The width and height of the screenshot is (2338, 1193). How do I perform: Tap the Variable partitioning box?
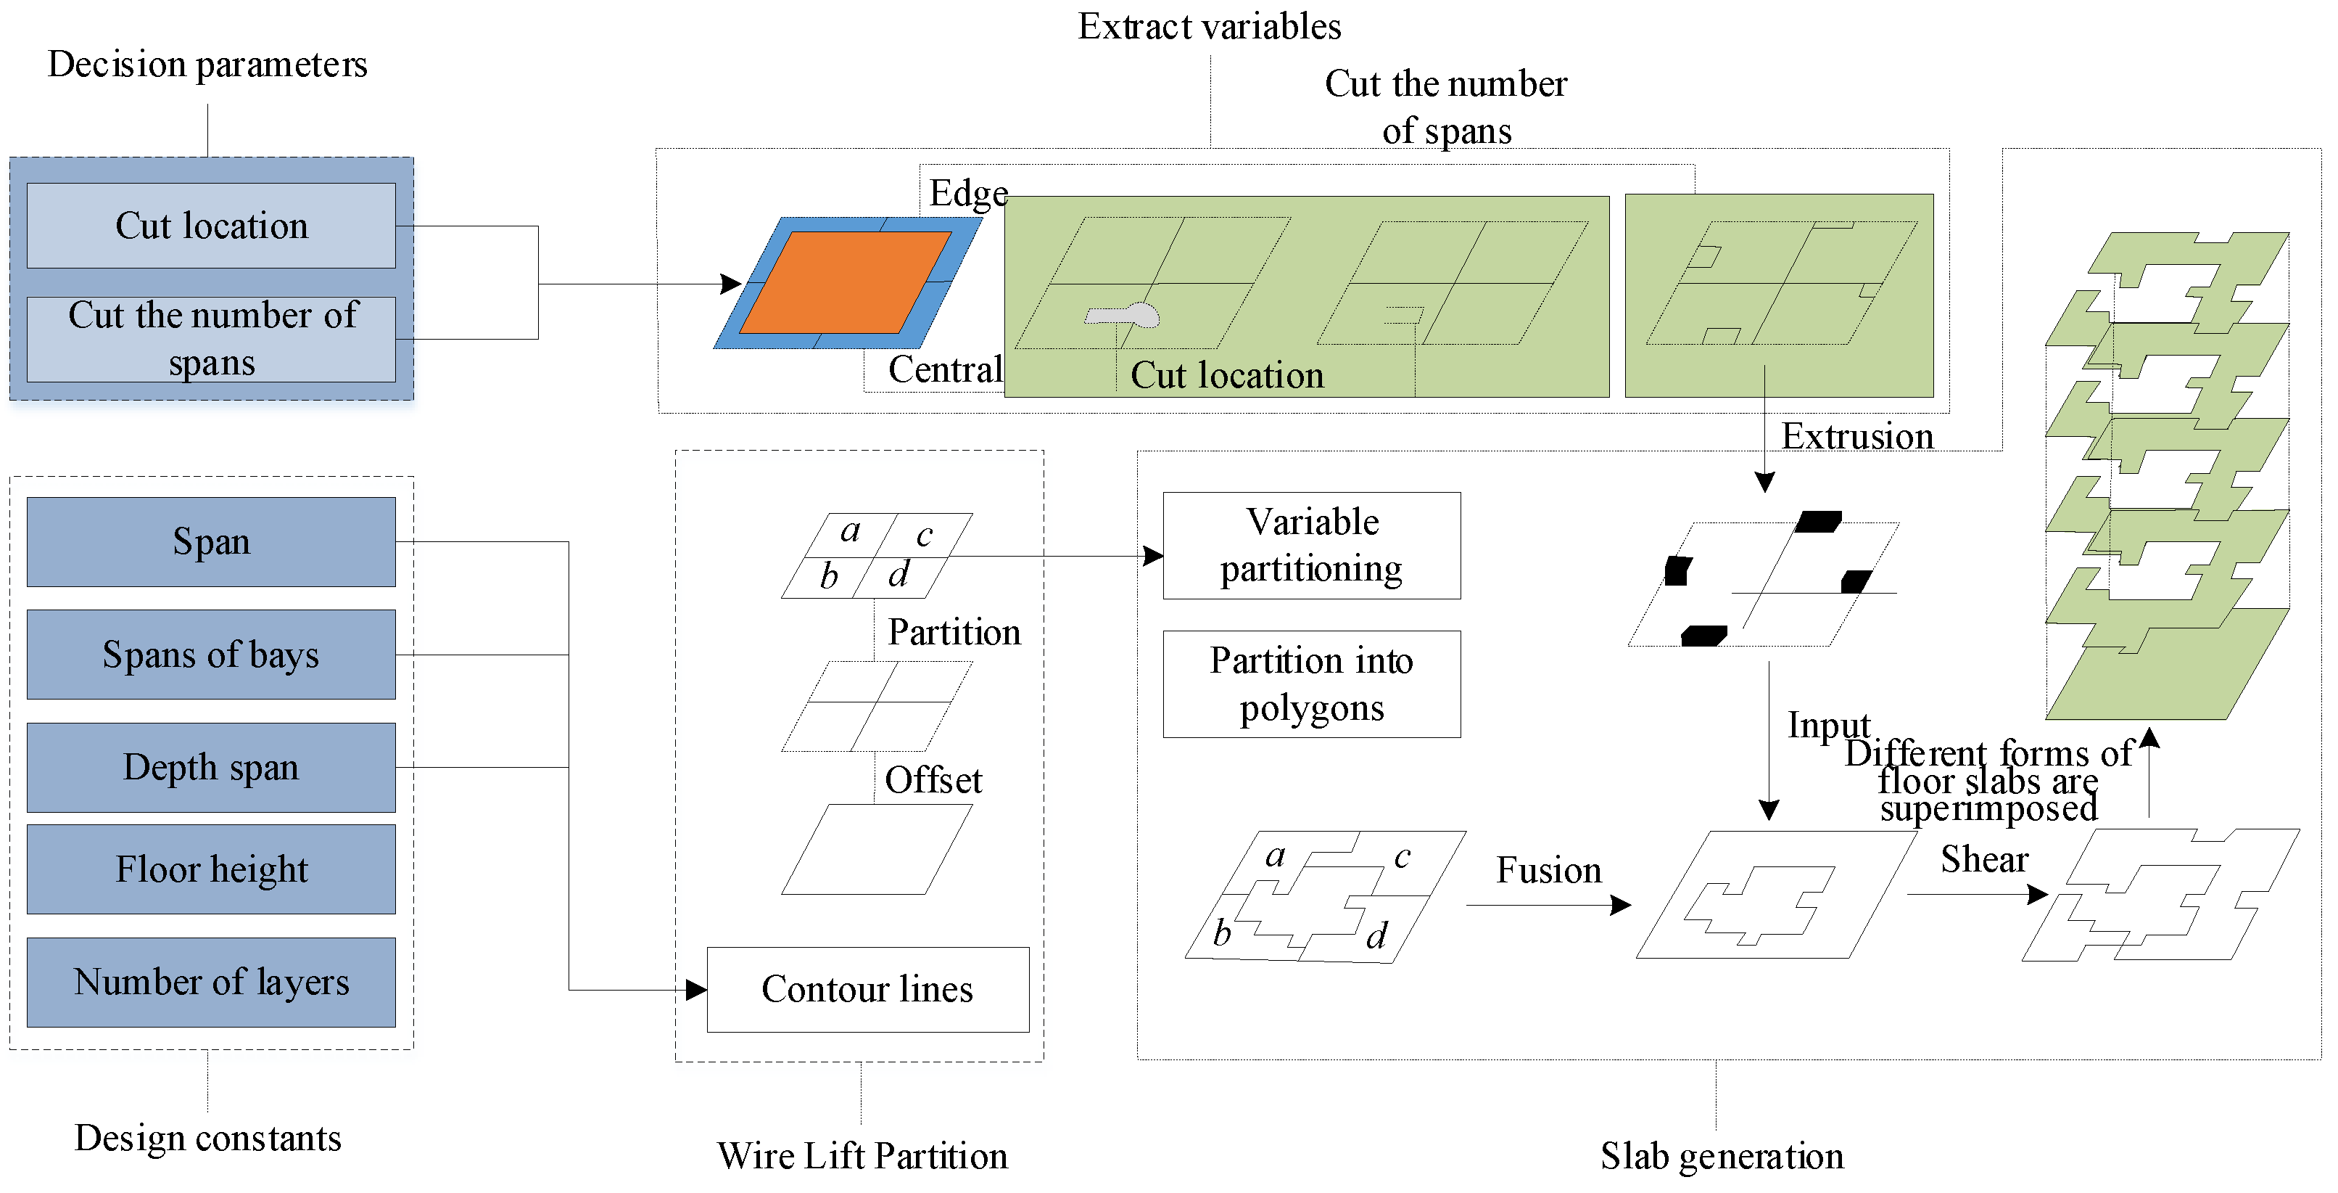tap(1310, 545)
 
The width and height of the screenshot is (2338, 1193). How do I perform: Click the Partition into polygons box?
tap(1310, 684)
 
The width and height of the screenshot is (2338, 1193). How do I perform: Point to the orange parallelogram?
tap(846, 282)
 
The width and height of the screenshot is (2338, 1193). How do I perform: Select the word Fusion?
tap(1548, 870)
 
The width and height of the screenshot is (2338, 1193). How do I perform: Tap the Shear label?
tap(1984, 859)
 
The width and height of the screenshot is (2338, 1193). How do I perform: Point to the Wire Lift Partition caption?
tap(862, 1156)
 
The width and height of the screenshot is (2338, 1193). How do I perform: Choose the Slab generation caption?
tap(1721, 1156)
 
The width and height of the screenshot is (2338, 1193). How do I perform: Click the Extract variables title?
tap(1209, 26)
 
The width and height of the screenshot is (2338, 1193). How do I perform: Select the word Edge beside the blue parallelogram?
tap(967, 193)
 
